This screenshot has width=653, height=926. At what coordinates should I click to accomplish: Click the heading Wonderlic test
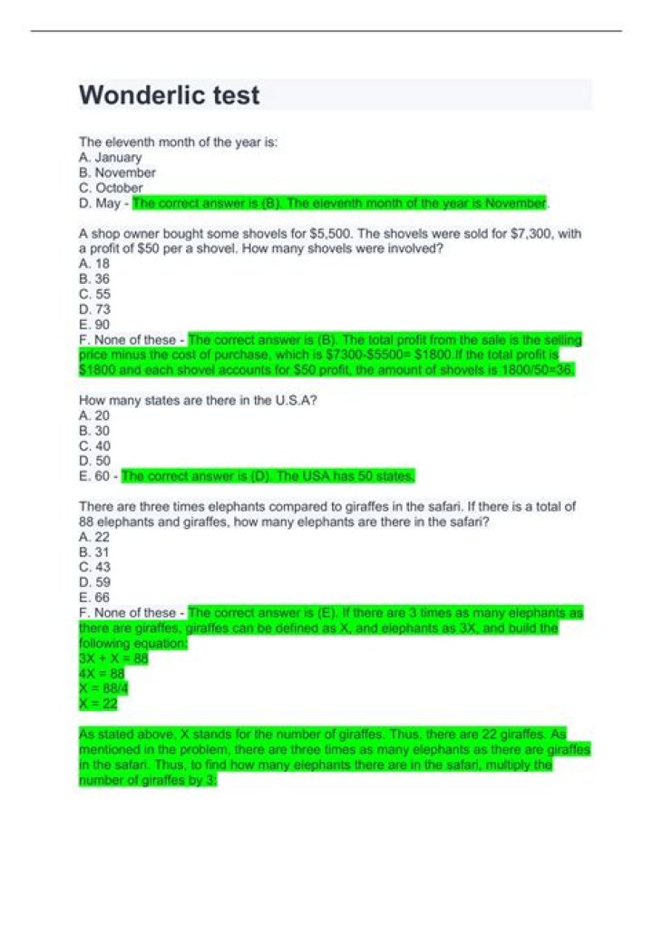pyautogui.click(x=170, y=95)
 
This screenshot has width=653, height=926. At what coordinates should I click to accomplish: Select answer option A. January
pyautogui.click(x=111, y=157)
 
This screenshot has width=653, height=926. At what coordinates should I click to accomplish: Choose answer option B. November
pyautogui.click(x=117, y=172)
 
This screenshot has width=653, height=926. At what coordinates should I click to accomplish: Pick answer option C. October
pyautogui.click(x=111, y=188)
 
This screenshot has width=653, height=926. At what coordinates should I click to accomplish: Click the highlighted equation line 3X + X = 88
pyautogui.click(x=113, y=658)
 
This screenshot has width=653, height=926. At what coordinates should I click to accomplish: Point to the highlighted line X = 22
pyautogui.click(x=98, y=704)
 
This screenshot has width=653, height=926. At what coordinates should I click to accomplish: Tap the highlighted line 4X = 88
pyautogui.click(x=102, y=674)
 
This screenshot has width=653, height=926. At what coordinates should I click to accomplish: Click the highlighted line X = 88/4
pyautogui.click(x=103, y=688)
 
